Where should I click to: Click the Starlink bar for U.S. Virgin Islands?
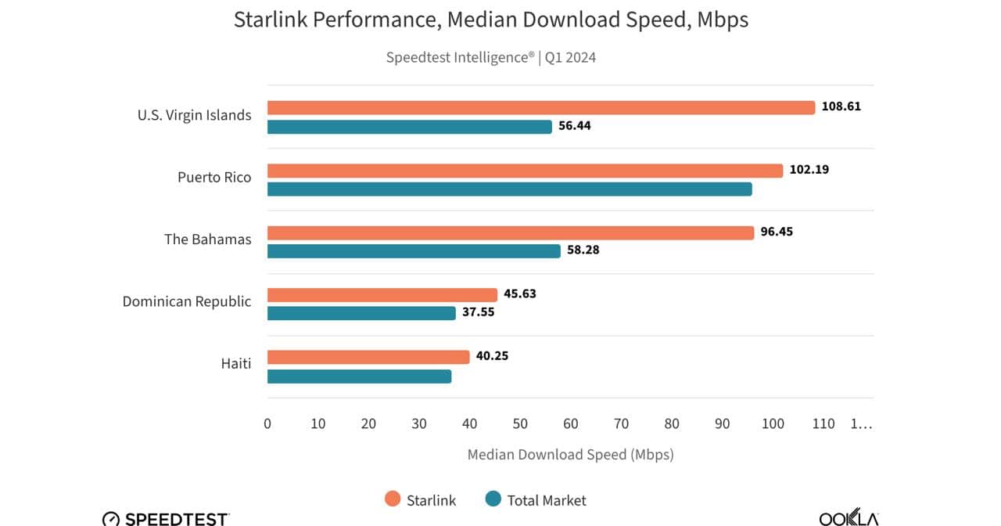541,108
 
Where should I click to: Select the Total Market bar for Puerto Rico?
509,189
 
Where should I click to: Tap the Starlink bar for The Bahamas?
511,232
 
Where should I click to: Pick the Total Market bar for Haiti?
359,376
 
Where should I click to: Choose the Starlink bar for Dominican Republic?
382,295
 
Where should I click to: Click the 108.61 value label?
841,106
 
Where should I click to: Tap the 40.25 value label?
493,356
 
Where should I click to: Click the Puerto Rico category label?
214,178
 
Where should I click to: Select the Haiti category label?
235,364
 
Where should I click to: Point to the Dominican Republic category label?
187,301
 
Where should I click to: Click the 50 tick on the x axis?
520,424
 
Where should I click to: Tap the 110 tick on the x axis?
823,424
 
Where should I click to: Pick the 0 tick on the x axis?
267,424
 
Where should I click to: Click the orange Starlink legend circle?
393,499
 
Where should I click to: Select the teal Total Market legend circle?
493,499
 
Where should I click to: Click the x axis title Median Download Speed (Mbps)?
570,455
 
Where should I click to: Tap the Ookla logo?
849,517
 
